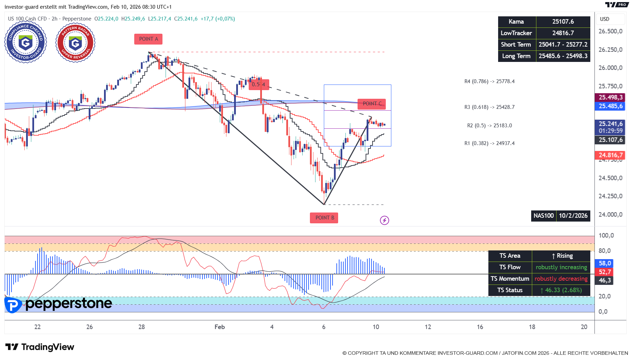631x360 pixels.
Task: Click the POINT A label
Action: pyautogui.click(x=148, y=39)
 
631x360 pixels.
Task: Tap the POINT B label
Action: pyautogui.click(x=324, y=218)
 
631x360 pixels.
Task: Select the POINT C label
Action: pyautogui.click(x=372, y=104)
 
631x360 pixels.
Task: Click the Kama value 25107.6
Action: pyautogui.click(x=563, y=22)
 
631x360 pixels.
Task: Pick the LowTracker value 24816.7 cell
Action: pyautogui.click(x=563, y=33)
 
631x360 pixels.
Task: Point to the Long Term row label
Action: pyautogui.click(x=516, y=56)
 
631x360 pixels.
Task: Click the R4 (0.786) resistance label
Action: pyautogui.click(x=489, y=81)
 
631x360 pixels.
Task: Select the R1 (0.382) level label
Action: pyautogui.click(x=489, y=143)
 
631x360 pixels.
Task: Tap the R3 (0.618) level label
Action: pyautogui.click(x=489, y=107)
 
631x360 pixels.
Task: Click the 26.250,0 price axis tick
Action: pyautogui.click(x=610, y=50)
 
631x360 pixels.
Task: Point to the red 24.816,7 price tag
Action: pyautogui.click(x=610, y=155)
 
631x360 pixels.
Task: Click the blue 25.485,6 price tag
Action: pyautogui.click(x=610, y=106)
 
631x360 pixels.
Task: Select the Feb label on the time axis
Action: pyautogui.click(x=219, y=327)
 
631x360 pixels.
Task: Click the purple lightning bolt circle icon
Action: pyautogui.click(x=384, y=220)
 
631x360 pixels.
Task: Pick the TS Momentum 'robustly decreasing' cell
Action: pyautogui.click(x=561, y=279)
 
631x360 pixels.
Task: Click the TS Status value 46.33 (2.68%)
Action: pyautogui.click(x=561, y=290)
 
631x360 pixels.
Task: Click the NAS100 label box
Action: pyautogui.click(x=543, y=216)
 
